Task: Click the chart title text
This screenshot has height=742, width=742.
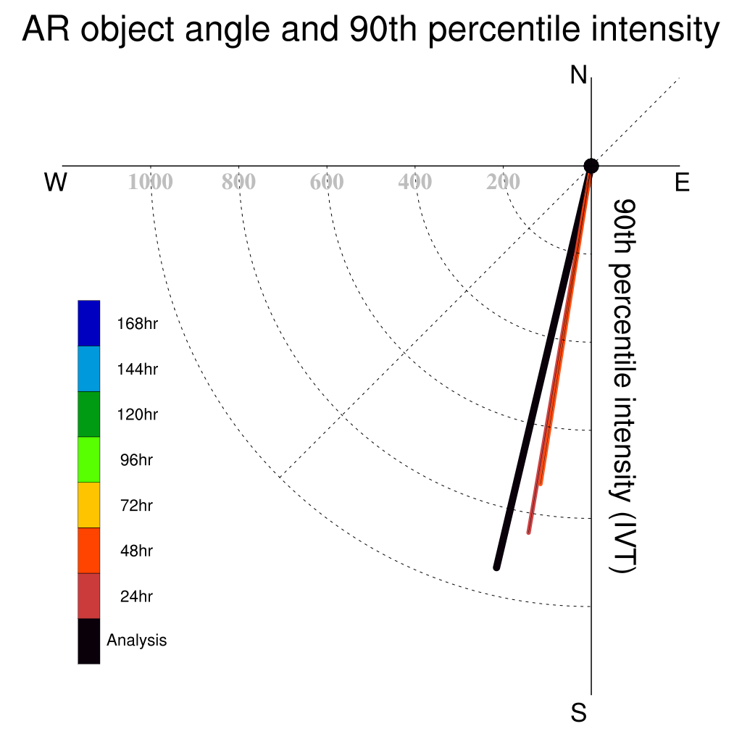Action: click(x=370, y=29)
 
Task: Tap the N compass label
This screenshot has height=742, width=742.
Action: click(x=578, y=75)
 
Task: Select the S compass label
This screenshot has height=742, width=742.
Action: click(x=579, y=712)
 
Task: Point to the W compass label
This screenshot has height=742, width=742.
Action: click(x=55, y=182)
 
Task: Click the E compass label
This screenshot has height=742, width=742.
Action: click(x=682, y=182)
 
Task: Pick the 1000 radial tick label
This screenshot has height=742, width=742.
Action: click(x=151, y=182)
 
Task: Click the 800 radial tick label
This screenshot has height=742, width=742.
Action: click(x=238, y=182)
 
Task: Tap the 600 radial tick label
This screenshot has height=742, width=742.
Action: click(x=327, y=182)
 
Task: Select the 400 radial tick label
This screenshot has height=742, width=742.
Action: click(x=415, y=182)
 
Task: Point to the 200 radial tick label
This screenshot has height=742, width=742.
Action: click(x=503, y=182)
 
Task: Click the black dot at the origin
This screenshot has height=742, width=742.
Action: click(x=591, y=166)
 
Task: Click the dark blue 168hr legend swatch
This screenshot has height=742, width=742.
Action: click(x=89, y=323)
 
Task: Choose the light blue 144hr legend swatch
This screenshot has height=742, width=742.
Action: click(x=89, y=369)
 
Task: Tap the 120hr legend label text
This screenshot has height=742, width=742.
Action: click(x=137, y=414)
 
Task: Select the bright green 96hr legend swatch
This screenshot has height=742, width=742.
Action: click(x=89, y=459)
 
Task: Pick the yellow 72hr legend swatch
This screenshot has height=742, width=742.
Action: click(x=89, y=505)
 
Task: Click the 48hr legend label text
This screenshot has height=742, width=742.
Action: click(x=136, y=551)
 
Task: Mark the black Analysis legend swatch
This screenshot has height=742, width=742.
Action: click(x=89, y=641)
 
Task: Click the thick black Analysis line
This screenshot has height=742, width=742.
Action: click(x=543, y=367)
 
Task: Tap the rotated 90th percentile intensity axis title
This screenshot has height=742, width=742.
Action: click(x=622, y=386)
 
